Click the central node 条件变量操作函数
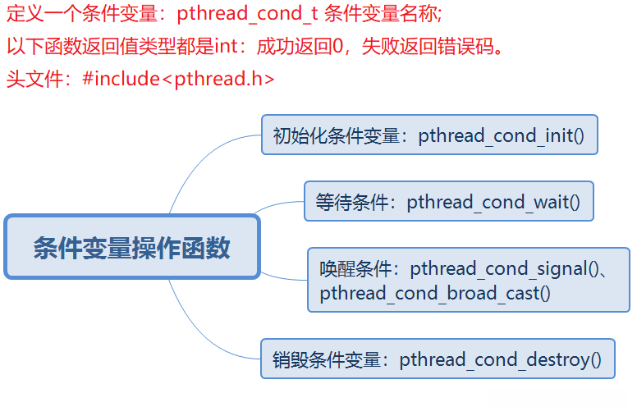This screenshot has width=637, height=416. pyautogui.click(x=131, y=246)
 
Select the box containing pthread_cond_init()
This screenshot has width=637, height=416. pyautogui.click(x=429, y=135)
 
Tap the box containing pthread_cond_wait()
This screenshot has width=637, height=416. pyautogui.click(x=448, y=201)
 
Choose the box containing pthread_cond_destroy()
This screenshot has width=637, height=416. pyautogui.click(x=438, y=359)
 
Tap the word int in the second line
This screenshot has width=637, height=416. pyautogui.click(x=225, y=46)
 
